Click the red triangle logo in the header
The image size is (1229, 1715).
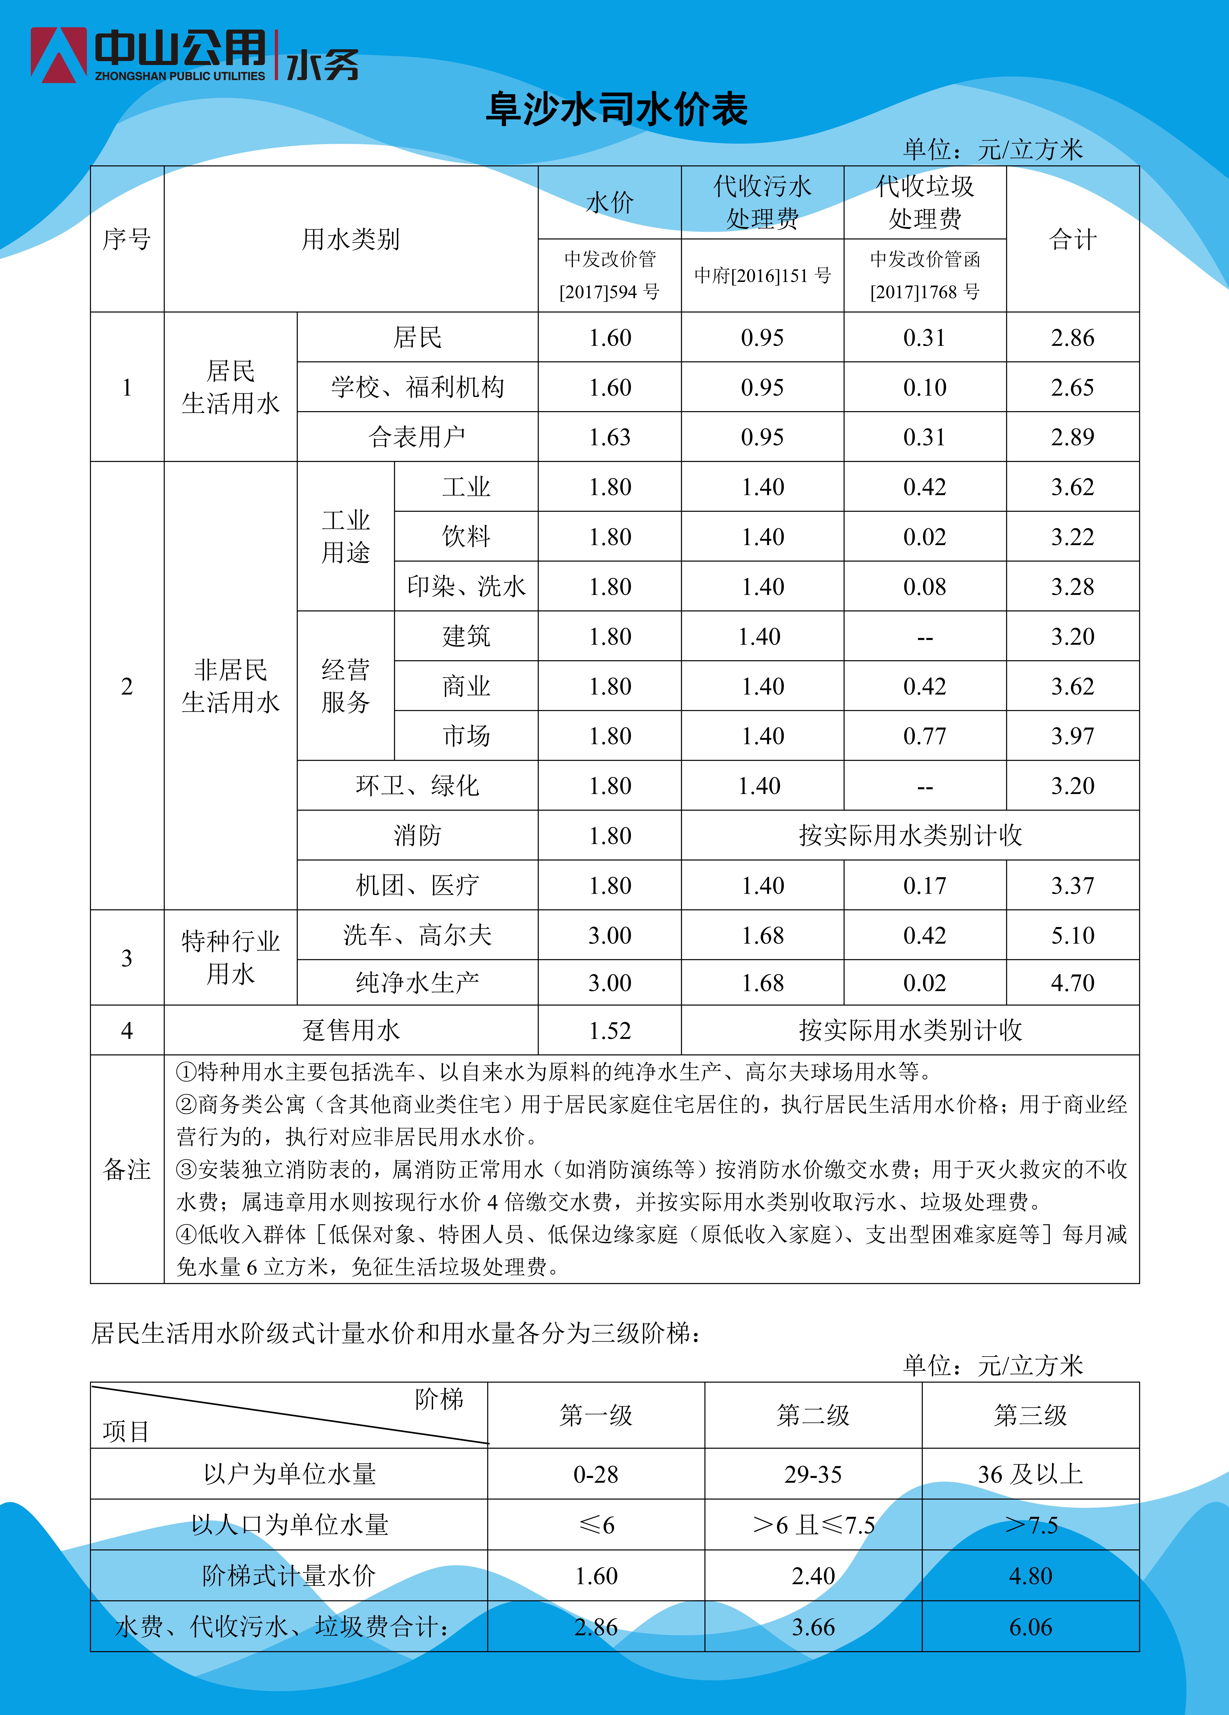tap(58, 54)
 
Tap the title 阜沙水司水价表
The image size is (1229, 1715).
tap(616, 110)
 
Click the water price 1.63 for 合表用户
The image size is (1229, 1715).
tap(610, 437)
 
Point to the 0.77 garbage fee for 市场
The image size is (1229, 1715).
tap(924, 736)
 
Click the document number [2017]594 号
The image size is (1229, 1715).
tap(610, 292)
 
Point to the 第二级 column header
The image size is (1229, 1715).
tap(813, 1415)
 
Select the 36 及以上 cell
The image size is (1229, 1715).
tap(1030, 1474)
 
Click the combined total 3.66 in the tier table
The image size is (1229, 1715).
tap(813, 1626)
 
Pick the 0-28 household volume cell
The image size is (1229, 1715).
tap(596, 1474)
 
